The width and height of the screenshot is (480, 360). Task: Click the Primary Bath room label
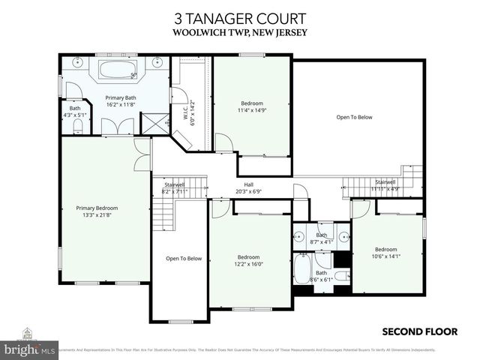pyautogui.click(x=120, y=97)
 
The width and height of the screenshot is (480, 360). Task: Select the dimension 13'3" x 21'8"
pyautogui.click(x=97, y=215)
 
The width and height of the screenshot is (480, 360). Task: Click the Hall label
pyautogui.click(x=248, y=184)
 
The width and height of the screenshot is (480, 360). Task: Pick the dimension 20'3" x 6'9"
pyautogui.click(x=248, y=192)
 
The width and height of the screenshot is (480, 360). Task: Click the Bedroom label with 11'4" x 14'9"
pyautogui.click(x=252, y=103)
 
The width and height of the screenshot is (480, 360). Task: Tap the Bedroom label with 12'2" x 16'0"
pyautogui.click(x=248, y=256)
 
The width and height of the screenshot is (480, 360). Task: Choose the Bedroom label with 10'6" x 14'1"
pyautogui.click(x=385, y=249)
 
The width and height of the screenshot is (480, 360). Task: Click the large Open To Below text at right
pyautogui.click(x=354, y=117)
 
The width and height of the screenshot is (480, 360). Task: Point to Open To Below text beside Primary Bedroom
pyautogui.click(x=184, y=259)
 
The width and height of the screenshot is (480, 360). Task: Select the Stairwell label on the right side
pyautogui.click(x=385, y=181)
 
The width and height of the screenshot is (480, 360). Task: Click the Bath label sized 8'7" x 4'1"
pyautogui.click(x=321, y=235)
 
